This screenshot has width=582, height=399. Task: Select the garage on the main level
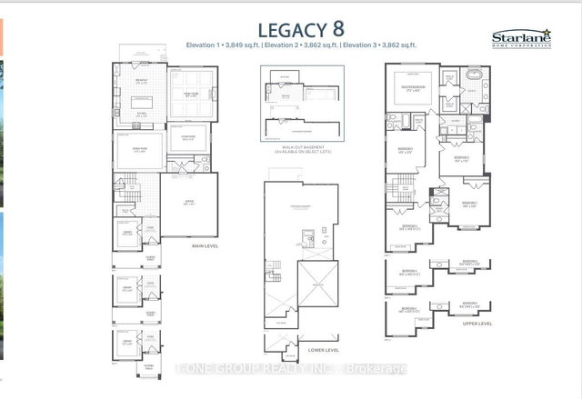pos(186,204)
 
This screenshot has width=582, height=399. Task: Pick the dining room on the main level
pos(139,151)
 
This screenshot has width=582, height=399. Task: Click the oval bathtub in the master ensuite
pos(473,82)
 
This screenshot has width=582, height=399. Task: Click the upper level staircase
pos(397,192)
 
